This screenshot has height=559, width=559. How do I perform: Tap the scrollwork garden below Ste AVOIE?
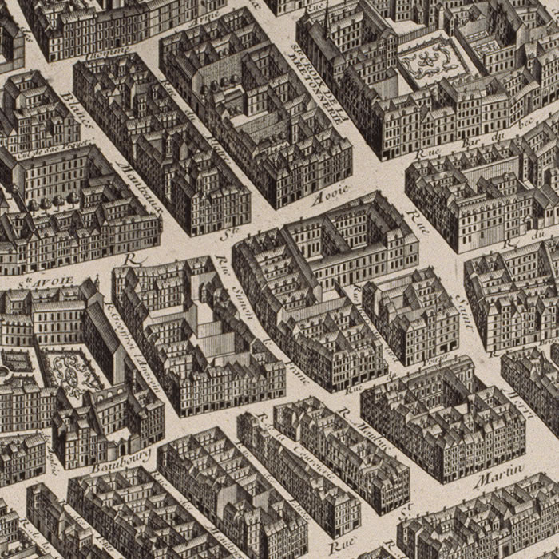[72, 371]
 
